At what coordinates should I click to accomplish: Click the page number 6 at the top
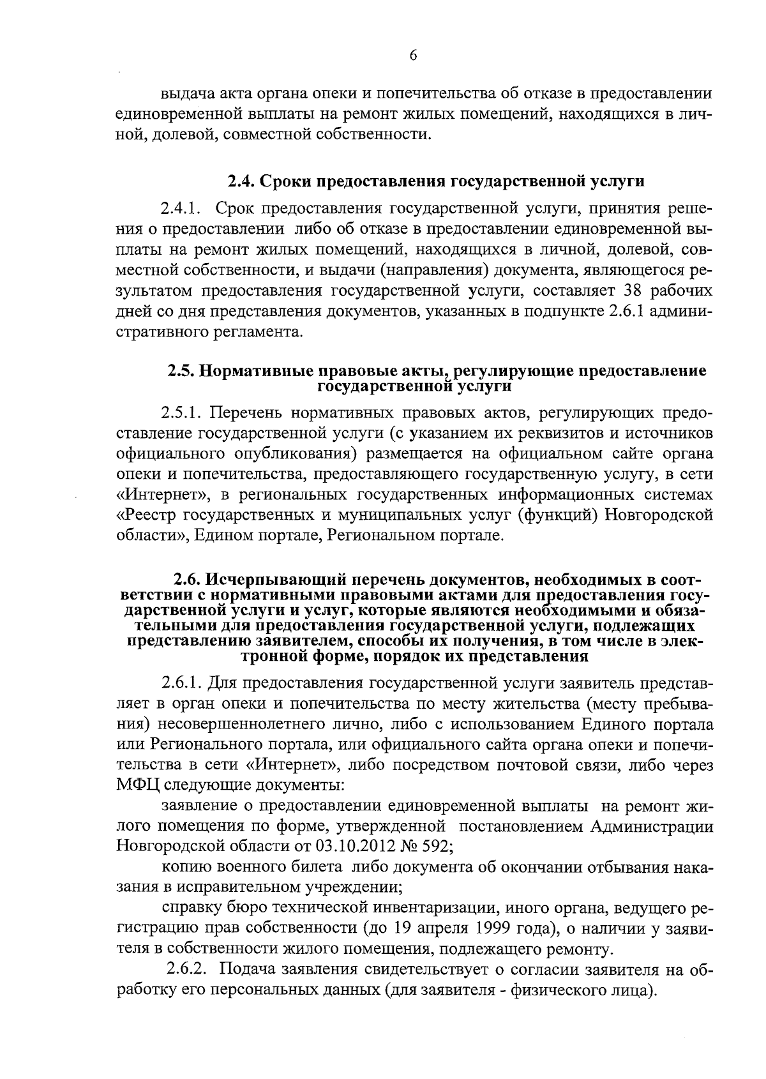coord(413,56)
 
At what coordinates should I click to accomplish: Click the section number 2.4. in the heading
coord(241,181)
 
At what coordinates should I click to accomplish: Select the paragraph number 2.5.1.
coord(181,412)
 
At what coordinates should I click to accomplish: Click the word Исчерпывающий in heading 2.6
coord(266,580)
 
